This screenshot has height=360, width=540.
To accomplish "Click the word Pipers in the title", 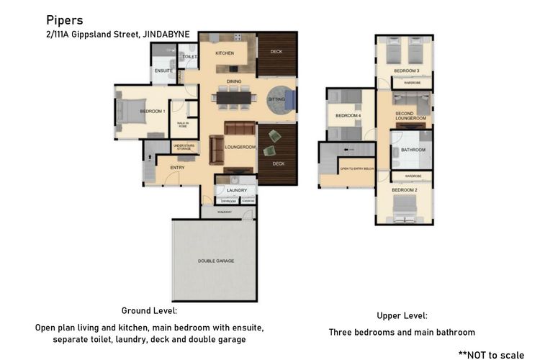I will (x=65, y=20).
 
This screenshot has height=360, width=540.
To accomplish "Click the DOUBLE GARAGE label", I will (x=216, y=261).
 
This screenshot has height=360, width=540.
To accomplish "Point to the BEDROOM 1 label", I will (x=153, y=111).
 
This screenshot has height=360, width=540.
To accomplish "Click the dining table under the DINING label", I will (x=234, y=96).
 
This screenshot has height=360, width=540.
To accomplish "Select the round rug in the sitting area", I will (x=278, y=99).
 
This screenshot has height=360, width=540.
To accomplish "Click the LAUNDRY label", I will (x=236, y=190).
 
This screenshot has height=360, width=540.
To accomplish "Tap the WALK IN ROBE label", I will (x=182, y=125).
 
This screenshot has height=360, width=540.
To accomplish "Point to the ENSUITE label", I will (x=163, y=71).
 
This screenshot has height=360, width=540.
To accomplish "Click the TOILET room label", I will (x=190, y=56).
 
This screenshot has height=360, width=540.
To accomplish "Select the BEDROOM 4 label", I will (x=347, y=115).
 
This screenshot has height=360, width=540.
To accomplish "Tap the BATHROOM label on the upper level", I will (x=413, y=150).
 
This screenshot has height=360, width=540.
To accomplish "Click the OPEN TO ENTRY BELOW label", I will (x=356, y=169).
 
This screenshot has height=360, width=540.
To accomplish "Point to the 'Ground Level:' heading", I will (x=149, y=310).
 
